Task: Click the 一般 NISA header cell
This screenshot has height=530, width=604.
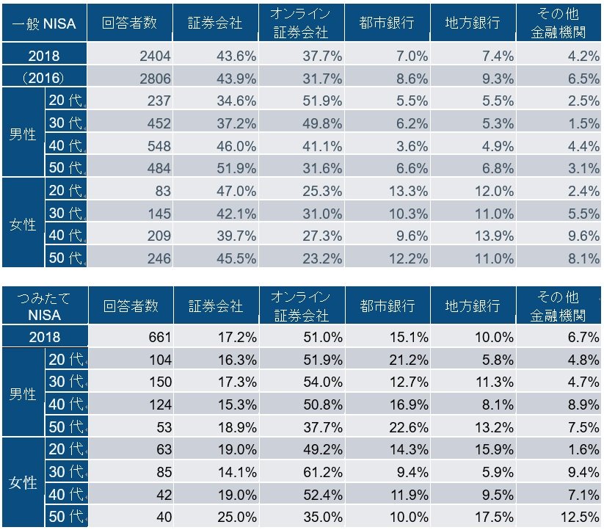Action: [x=43, y=23]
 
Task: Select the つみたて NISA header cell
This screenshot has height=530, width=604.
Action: [x=43, y=305]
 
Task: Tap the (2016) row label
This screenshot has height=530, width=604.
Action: [x=43, y=77]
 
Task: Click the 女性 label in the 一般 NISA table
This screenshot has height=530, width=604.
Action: [x=22, y=224]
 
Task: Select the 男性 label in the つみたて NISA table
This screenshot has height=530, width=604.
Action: [x=22, y=393]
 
